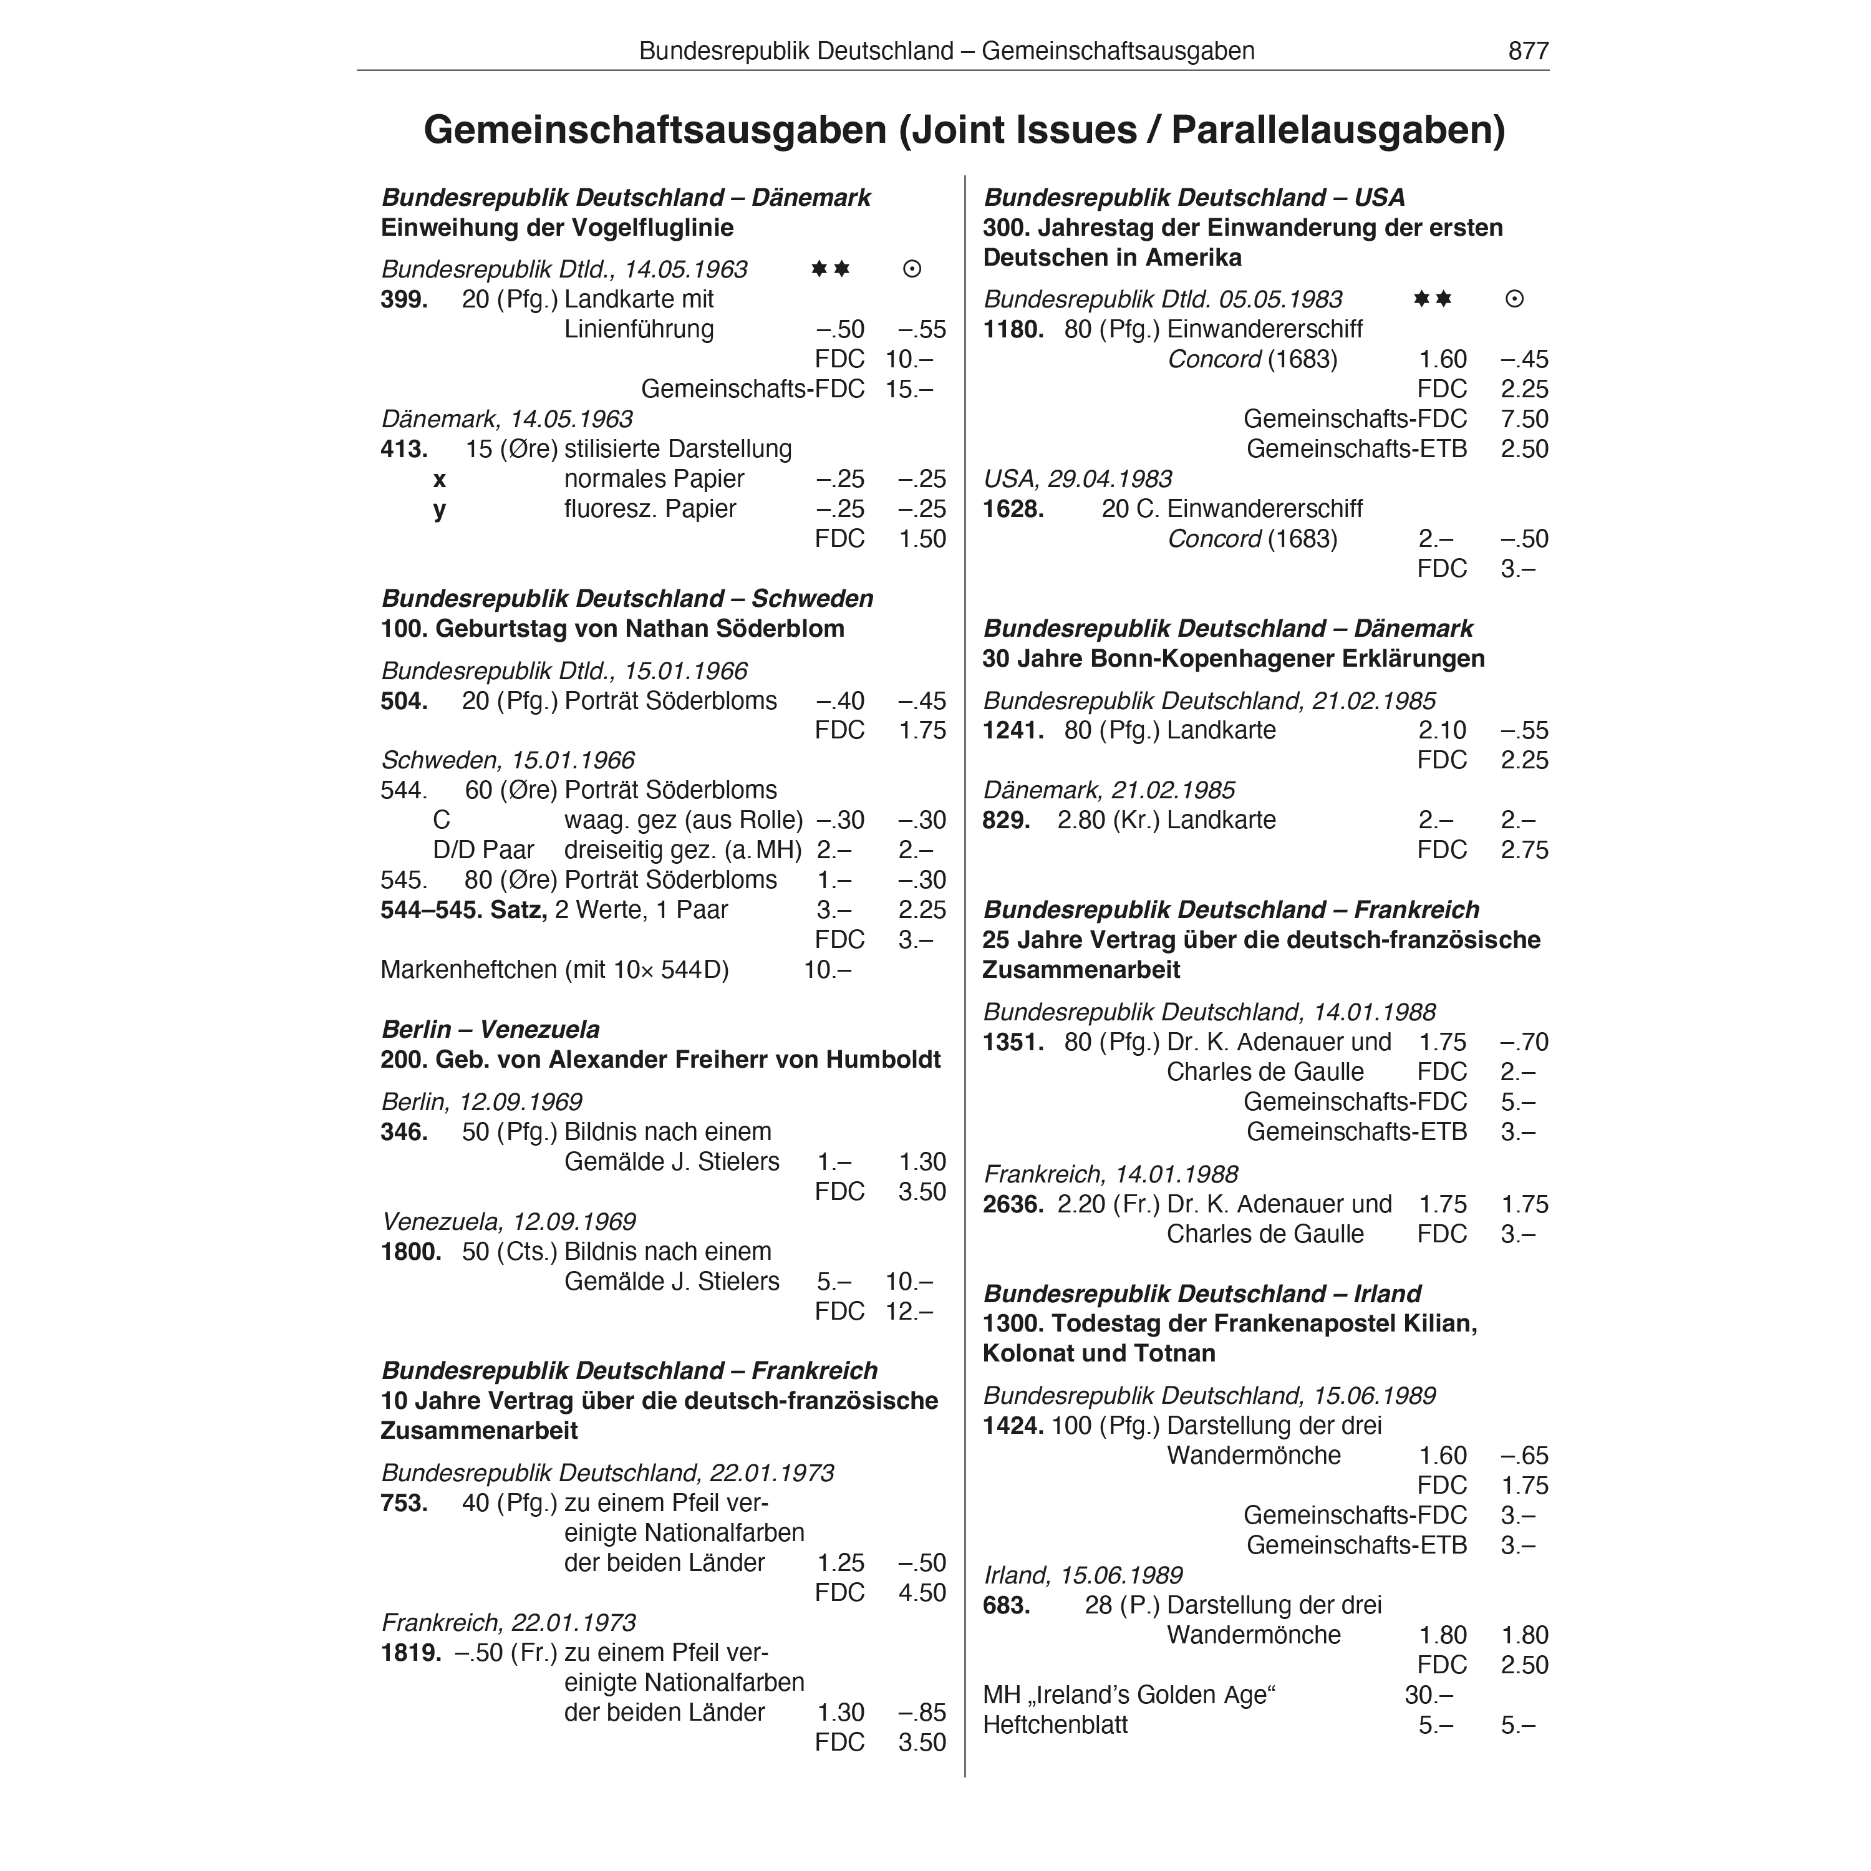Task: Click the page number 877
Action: click(1528, 51)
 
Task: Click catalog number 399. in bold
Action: click(404, 299)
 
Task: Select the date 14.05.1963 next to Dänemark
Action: click(571, 419)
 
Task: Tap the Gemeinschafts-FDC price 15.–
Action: click(909, 389)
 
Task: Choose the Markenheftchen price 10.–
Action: click(826, 969)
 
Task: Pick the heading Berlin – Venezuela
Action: click(490, 1030)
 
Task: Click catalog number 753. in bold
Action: click(404, 1503)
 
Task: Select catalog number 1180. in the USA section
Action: click(1013, 329)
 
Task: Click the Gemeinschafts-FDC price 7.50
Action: click(1524, 419)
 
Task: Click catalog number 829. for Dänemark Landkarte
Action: click(1006, 820)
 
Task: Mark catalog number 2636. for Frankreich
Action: click(1013, 1205)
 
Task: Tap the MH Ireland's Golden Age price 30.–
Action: click(1428, 1695)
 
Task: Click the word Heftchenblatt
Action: click(1055, 1725)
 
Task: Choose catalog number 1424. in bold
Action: click(1013, 1426)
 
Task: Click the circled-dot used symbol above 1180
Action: click(1515, 299)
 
